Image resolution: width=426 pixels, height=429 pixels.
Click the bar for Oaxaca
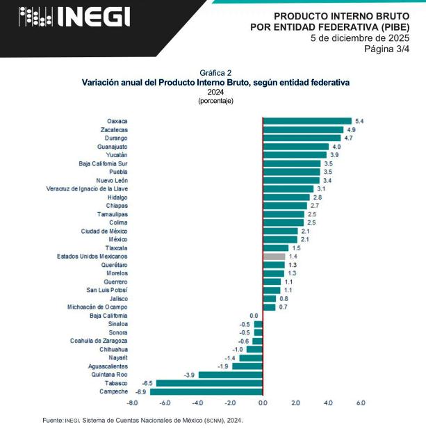pos(307,121)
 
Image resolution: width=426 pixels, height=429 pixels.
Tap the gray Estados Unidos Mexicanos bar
pos(274,257)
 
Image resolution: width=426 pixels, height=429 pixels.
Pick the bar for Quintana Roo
pos(231,375)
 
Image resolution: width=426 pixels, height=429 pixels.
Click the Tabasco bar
pos(209,383)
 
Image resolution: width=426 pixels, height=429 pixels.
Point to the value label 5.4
pos(359,121)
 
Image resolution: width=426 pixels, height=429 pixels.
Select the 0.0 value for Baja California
pos(254,316)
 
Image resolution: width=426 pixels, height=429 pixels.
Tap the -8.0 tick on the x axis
pos(132,403)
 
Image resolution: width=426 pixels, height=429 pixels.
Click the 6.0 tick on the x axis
pos(361,403)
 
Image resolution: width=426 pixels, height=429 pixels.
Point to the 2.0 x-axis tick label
pos(295,403)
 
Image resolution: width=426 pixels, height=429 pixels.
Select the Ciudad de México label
pos(104,231)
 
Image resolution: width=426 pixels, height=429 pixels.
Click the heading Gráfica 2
pos(215,72)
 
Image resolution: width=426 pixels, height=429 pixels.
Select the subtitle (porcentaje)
pos(215,101)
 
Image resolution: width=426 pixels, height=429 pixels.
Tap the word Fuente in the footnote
pos(53,420)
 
